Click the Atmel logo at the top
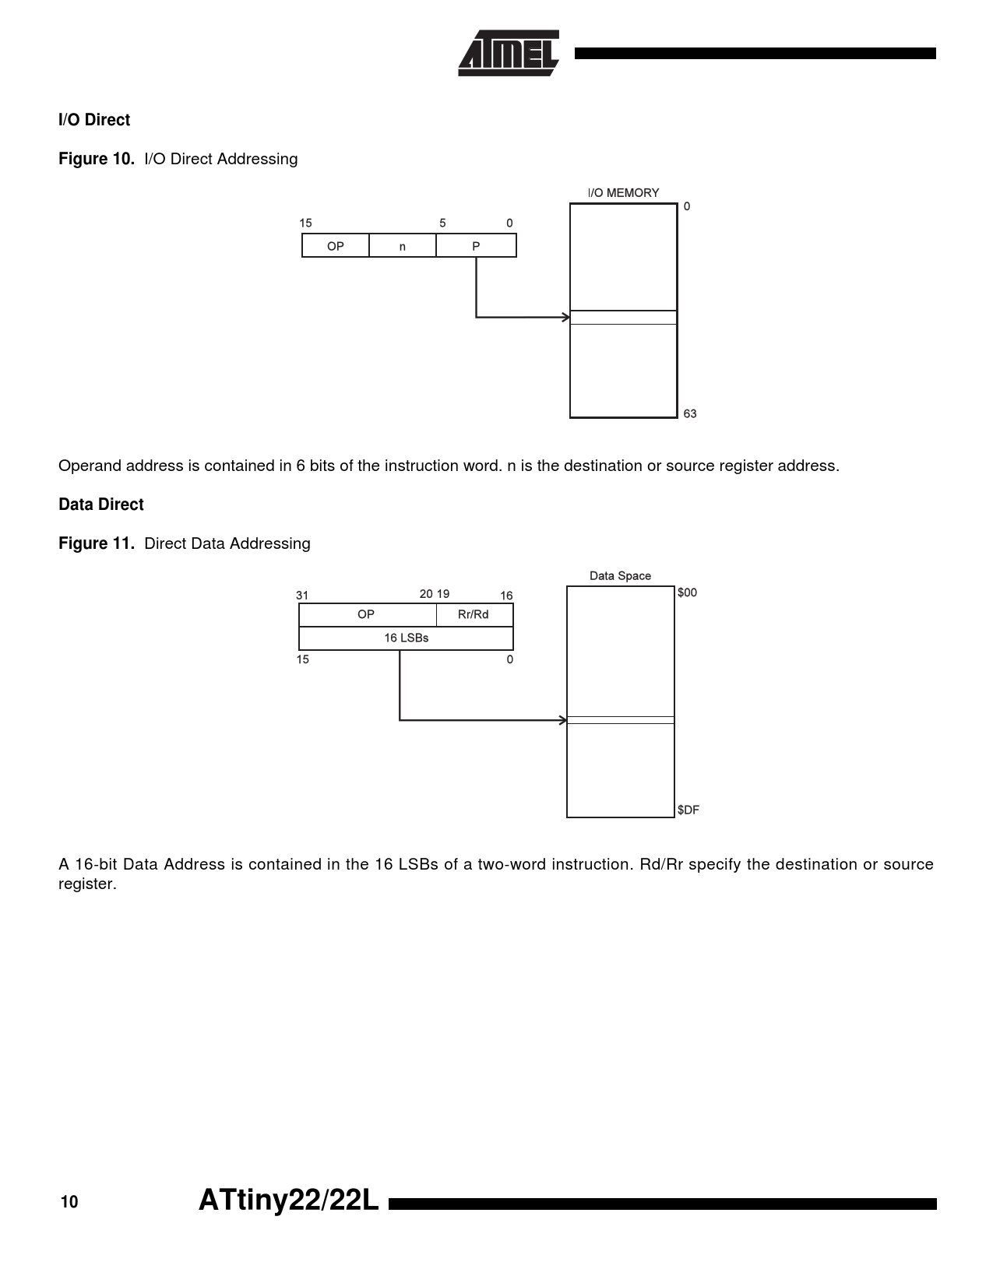click(509, 53)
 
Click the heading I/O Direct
click(94, 120)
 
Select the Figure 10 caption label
click(97, 159)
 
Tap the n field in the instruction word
click(403, 245)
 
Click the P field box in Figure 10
click(477, 245)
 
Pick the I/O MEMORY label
click(623, 193)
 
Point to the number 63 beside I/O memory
click(689, 414)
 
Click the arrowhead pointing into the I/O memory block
click(565, 318)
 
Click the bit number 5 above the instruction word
click(442, 223)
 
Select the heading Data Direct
click(101, 504)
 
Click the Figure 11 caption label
click(97, 543)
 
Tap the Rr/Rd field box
click(474, 614)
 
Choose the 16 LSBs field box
click(407, 638)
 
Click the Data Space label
click(620, 575)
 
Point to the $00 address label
click(687, 592)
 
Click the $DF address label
click(688, 810)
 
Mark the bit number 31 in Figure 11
click(302, 596)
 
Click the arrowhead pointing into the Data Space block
click(562, 720)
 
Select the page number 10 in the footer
click(69, 1202)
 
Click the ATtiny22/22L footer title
click(288, 1200)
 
